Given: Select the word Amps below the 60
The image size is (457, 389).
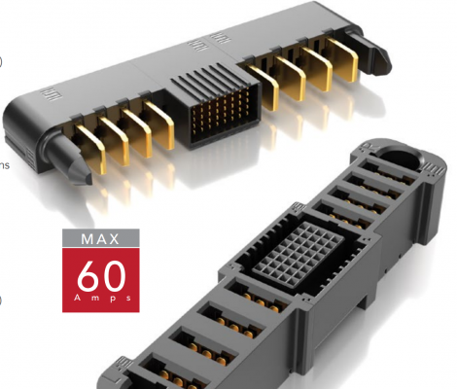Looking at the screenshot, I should tap(101, 298).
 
